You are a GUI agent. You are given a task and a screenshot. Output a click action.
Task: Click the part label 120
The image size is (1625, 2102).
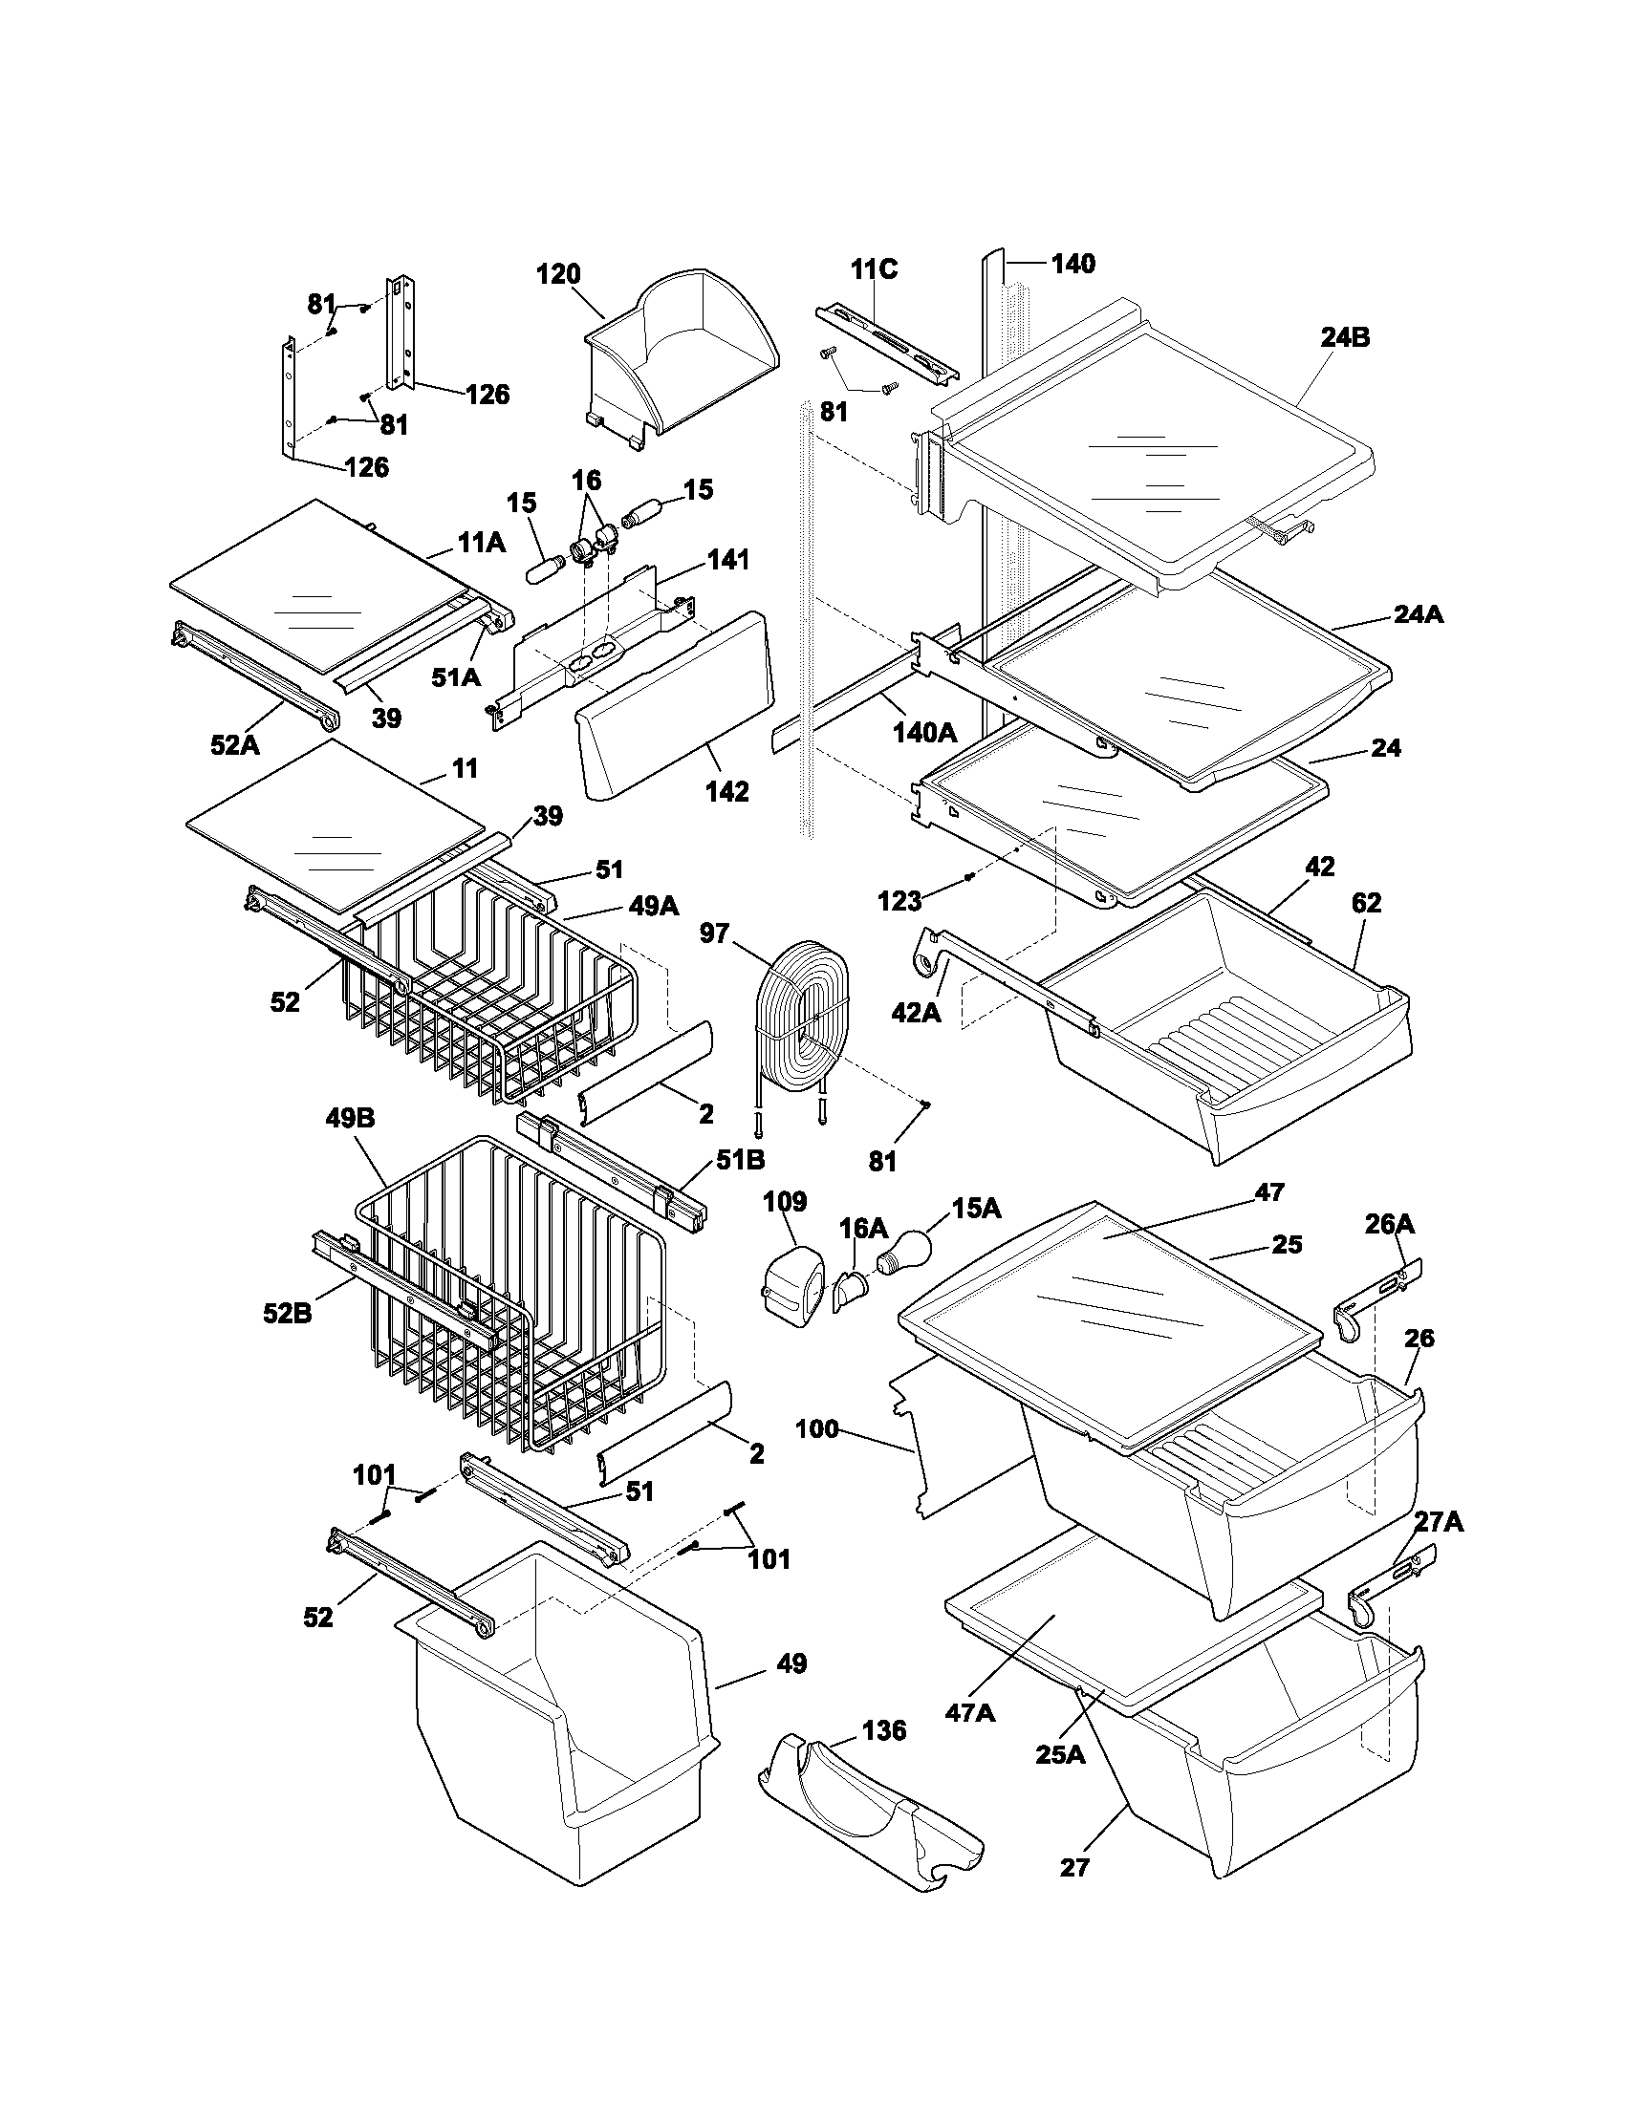558,274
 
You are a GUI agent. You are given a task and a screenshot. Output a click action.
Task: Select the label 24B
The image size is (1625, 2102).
1345,338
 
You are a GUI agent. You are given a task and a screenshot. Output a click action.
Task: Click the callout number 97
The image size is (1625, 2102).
714,933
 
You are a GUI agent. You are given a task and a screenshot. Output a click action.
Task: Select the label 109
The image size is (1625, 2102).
785,1202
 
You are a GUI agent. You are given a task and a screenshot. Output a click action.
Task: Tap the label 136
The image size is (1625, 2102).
884,1731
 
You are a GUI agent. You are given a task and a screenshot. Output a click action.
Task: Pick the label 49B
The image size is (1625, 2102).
352,1119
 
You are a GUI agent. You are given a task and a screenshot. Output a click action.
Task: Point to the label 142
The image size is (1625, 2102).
726,791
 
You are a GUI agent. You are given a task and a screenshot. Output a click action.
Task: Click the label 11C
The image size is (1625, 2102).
873,269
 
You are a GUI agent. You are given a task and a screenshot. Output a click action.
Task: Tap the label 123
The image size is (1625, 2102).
900,901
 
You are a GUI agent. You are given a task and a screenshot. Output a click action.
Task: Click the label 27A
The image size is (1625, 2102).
1439,1521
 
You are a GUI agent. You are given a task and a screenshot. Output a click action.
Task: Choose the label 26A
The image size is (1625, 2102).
1390,1224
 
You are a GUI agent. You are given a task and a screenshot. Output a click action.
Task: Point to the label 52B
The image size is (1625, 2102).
288,1313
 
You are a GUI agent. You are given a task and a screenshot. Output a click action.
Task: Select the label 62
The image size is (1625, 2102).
1366,903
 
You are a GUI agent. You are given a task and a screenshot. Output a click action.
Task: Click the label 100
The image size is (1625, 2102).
817,1429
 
